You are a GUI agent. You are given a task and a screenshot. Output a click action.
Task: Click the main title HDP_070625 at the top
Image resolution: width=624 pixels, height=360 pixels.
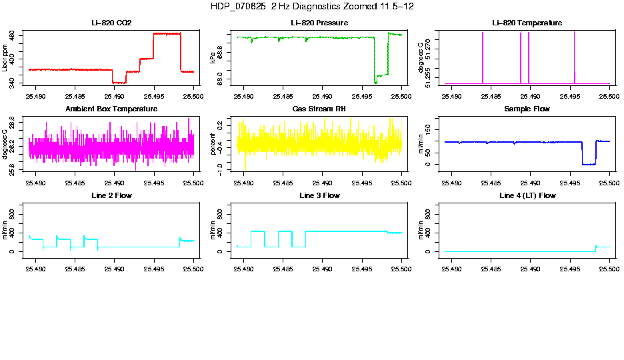pyautogui.click(x=311, y=6)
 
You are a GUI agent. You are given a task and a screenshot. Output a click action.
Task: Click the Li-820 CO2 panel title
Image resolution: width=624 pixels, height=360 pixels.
pyautogui.click(x=111, y=23)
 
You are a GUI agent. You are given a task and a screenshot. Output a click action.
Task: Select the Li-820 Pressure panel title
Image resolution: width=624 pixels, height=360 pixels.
pyautogui.click(x=319, y=23)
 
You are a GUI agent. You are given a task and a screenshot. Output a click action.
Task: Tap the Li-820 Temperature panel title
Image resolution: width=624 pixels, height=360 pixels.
pyautogui.click(x=527, y=23)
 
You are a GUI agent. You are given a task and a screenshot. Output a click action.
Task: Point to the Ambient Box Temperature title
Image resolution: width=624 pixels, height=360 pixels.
pyautogui.click(x=111, y=109)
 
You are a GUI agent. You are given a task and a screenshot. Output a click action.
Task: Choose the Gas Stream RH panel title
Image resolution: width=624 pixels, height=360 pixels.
pyautogui.click(x=319, y=109)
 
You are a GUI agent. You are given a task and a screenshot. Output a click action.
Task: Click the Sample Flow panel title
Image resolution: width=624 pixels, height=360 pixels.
pyautogui.click(x=527, y=109)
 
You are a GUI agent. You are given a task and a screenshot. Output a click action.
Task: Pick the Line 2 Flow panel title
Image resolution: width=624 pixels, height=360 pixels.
pyautogui.click(x=111, y=195)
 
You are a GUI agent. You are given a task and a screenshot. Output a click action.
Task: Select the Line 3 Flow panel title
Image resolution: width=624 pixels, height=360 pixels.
pyautogui.click(x=319, y=195)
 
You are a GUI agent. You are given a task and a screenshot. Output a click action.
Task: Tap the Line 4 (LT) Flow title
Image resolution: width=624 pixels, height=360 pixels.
pyautogui.click(x=527, y=195)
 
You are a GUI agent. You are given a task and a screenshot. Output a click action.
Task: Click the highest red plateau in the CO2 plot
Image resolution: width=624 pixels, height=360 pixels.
pyautogui.click(x=167, y=33)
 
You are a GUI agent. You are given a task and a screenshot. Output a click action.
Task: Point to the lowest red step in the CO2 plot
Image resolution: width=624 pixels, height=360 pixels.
pyautogui.click(x=119, y=82)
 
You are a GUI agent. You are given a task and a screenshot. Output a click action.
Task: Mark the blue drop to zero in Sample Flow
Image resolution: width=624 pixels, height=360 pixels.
pyautogui.click(x=589, y=163)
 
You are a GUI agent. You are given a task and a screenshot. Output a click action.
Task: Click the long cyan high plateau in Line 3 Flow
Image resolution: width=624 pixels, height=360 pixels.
pyautogui.click(x=347, y=231)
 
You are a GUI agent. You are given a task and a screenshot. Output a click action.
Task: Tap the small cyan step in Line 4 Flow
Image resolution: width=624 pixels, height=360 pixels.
pyautogui.click(x=603, y=247)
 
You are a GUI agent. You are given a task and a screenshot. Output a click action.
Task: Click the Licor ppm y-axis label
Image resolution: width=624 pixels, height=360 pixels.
pyautogui.click(x=5, y=58)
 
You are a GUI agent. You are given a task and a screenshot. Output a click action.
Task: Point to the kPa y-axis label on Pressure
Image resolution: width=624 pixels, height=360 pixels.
pyautogui.click(x=213, y=58)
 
